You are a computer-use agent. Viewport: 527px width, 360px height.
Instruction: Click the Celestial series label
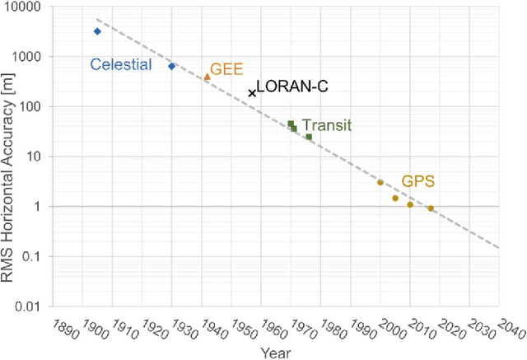pyautogui.click(x=120, y=64)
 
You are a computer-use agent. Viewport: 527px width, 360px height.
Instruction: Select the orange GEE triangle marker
pyautogui.click(x=208, y=77)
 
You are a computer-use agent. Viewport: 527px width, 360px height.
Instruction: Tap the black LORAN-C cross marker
pyautogui.click(x=252, y=93)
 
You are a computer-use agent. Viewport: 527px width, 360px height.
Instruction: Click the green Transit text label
pyautogui.click(x=327, y=126)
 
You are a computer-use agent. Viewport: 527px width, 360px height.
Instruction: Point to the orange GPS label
pyautogui.click(x=417, y=181)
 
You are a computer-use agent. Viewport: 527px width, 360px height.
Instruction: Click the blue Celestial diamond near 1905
pyautogui.click(x=97, y=31)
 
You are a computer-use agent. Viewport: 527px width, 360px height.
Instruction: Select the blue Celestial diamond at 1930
pyautogui.click(x=172, y=66)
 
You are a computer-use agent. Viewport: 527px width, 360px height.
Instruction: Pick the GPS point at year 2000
pyautogui.click(x=380, y=182)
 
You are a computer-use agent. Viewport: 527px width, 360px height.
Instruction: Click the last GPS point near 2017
pyautogui.click(x=430, y=208)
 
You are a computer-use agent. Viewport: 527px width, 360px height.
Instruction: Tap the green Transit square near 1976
pyautogui.click(x=309, y=137)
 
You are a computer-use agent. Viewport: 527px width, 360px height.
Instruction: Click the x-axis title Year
pyautogui.click(x=276, y=352)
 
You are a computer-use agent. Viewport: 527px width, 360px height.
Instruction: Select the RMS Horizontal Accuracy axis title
pyautogui.click(x=11, y=157)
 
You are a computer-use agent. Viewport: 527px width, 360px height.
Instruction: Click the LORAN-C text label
pyautogui.click(x=287, y=86)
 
